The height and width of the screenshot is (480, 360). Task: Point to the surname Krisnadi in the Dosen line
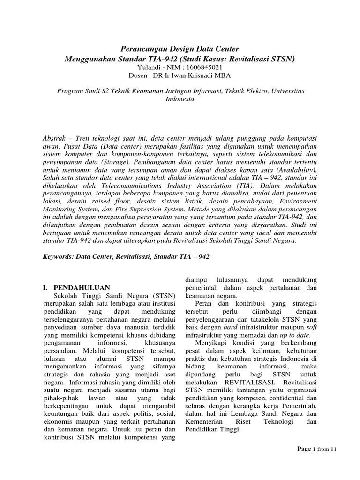click(207, 75)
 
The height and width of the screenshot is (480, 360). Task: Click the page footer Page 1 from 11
click(317, 449)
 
